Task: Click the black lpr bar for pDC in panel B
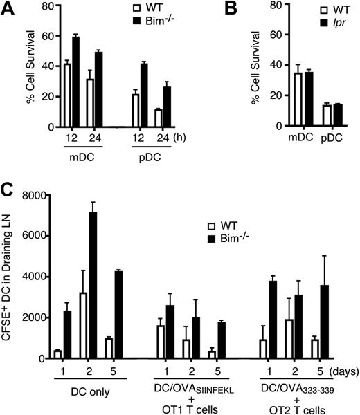319,116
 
